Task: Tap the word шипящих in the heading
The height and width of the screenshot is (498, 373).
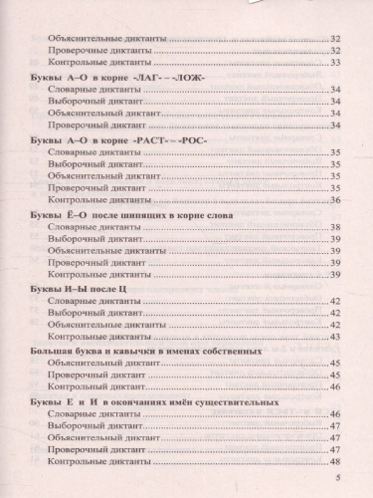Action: click(131, 214)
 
